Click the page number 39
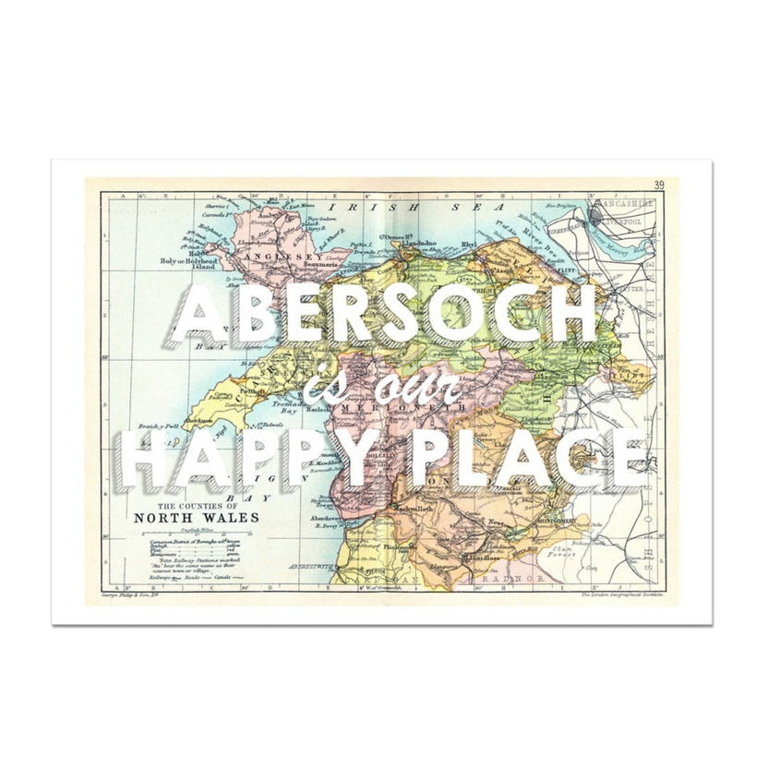(x=657, y=186)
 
